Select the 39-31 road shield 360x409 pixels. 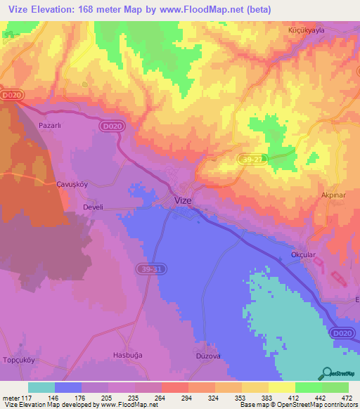144,268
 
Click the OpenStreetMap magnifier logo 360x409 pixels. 327,372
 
